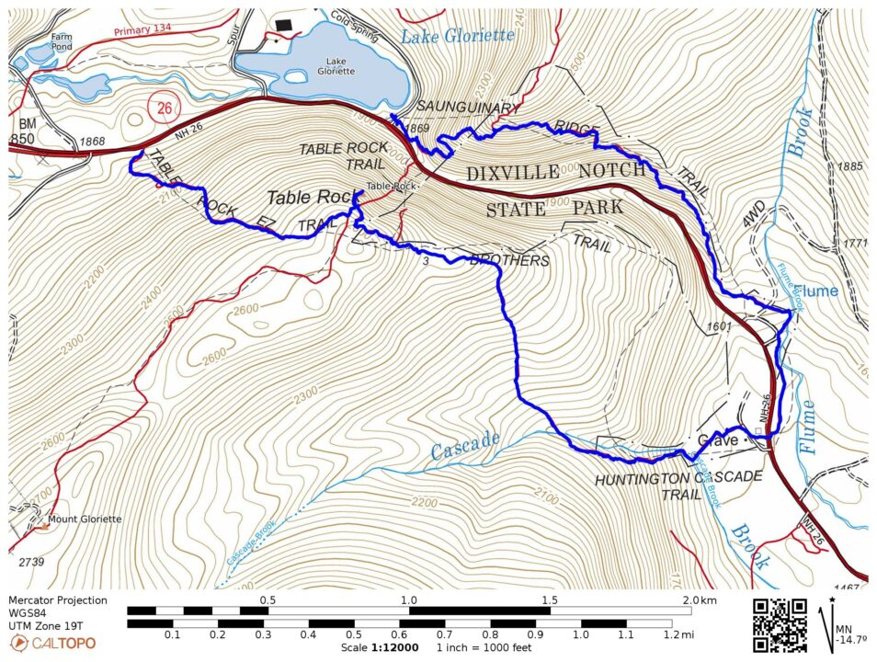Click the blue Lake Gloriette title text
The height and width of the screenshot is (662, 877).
pyautogui.click(x=458, y=35)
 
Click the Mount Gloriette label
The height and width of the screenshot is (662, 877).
pyautogui.click(x=85, y=519)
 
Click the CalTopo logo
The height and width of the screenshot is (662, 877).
pyautogui.click(x=51, y=642)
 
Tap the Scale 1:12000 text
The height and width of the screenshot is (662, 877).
pyautogui.click(x=373, y=647)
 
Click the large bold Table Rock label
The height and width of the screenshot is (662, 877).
pyautogui.click(x=310, y=197)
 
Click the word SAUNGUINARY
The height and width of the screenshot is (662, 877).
pyautogui.click(x=469, y=109)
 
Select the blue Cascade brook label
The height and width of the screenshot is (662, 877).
pyautogui.click(x=466, y=444)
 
